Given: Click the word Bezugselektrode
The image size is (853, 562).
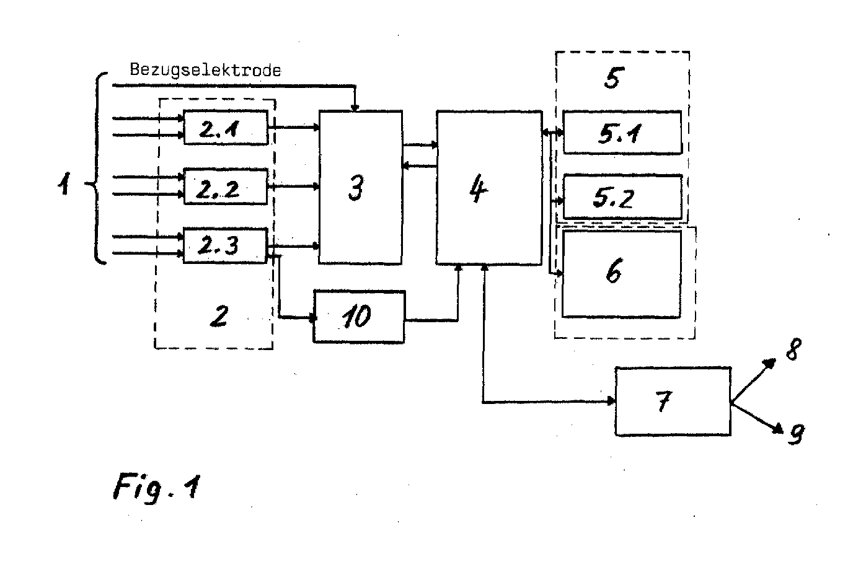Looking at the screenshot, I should [205, 70].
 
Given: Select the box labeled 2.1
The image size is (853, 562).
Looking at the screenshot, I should [226, 127].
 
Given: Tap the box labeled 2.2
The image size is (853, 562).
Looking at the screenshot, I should [226, 186].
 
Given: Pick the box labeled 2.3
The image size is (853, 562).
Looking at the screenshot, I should [226, 246].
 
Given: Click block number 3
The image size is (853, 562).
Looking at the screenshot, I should [360, 187].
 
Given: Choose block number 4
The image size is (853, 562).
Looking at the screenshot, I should [488, 187].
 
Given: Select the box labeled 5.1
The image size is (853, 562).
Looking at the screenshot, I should [622, 133].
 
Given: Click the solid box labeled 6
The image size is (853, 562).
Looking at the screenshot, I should [621, 273].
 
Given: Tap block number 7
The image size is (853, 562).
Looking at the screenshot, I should [672, 402].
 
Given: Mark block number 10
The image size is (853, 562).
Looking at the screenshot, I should [359, 316].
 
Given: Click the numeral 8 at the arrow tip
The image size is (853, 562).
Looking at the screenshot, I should [793, 352].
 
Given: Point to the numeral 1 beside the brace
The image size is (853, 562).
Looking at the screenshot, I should [64, 183].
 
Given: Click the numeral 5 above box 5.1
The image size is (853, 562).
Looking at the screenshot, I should [612, 79].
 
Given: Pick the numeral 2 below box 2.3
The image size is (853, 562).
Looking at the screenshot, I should [218, 317].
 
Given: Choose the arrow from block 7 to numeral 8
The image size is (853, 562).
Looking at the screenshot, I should [753, 382].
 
